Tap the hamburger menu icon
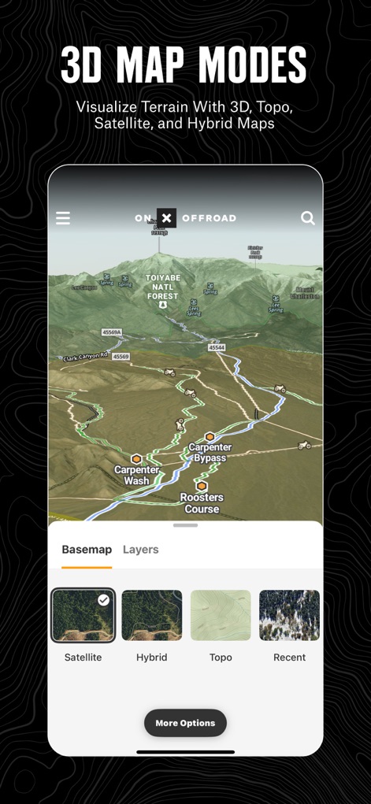click(x=63, y=218)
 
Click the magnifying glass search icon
click(x=308, y=218)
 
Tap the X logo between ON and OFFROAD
click(x=166, y=218)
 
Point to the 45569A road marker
click(x=112, y=332)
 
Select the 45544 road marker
click(x=217, y=347)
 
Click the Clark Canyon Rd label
click(x=85, y=357)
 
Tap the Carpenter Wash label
click(x=136, y=475)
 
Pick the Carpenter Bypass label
click(x=210, y=453)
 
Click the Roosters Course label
click(x=202, y=502)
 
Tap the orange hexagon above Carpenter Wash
click(x=136, y=459)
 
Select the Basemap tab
click(x=87, y=550)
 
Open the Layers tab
click(x=141, y=550)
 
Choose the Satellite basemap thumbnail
click(x=83, y=615)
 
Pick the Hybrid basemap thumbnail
click(x=152, y=615)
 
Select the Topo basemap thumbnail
click(x=221, y=615)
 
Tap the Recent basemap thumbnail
click(x=289, y=615)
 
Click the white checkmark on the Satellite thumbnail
click(x=103, y=600)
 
